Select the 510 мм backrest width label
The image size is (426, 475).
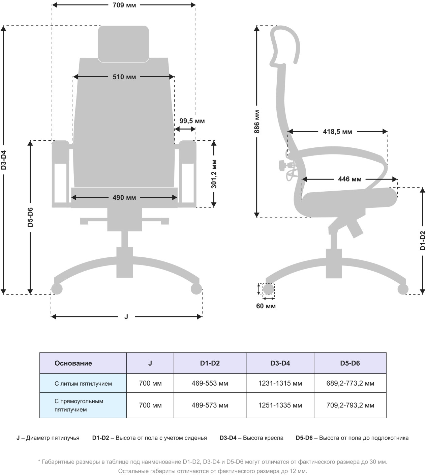[x=124, y=77]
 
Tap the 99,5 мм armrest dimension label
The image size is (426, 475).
[x=192, y=121]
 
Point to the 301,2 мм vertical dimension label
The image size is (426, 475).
[x=214, y=174]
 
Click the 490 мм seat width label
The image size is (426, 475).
[x=124, y=198]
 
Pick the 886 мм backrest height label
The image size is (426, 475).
[x=257, y=121]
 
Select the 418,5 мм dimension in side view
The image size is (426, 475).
[x=337, y=132]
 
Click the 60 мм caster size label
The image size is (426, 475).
[x=266, y=306]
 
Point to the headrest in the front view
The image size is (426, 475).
[x=123, y=44]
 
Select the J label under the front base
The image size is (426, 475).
[x=126, y=317]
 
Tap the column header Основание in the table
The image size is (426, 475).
[x=73, y=363]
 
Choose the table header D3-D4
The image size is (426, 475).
[x=280, y=363]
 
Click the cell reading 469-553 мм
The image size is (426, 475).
[x=210, y=384]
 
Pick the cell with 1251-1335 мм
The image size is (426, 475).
[x=280, y=405]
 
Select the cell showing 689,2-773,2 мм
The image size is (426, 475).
[x=350, y=384]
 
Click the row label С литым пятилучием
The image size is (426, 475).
[x=83, y=384]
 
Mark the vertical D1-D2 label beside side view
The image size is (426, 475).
[x=423, y=241]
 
